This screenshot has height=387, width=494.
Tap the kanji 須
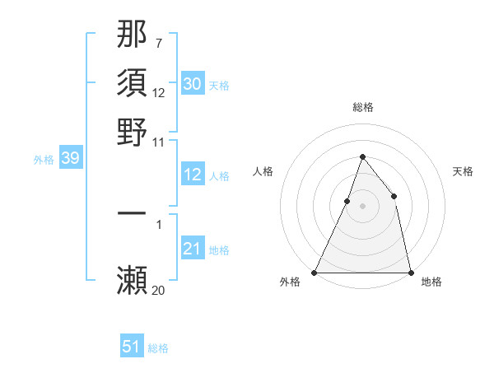pyautogui.click(x=133, y=84)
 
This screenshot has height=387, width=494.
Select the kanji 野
pyautogui.click(x=133, y=132)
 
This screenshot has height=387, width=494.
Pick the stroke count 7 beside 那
pyautogui.click(x=158, y=44)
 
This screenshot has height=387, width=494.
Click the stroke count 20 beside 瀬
pyautogui.click(x=158, y=290)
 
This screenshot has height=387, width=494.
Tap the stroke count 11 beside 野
pyautogui.click(x=158, y=141)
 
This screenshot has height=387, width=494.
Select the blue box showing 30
pyautogui.click(x=192, y=83)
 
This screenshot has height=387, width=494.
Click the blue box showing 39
pyautogui.click(x=70, y=159)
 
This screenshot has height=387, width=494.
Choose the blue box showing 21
pyautogui.click(x=192, y=249)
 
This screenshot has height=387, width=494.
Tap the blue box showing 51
pyautogui.click(x=131, y=347)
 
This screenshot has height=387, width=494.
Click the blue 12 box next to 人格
pyautogui.click(x=192, y=175)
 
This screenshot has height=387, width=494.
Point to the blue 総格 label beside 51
pyautogui.click(x=158, y=348)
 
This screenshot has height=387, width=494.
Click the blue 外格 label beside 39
pyautogui.click(x=43, y=160)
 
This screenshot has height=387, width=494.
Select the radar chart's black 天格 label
pyautogui.click(x=463, y=171)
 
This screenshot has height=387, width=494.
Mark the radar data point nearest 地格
pyautogui.click(x=410, y=272)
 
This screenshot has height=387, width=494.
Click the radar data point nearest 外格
pyautogui.click(x=315, y=272)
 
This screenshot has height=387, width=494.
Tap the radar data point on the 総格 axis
pyautogui.click(x=362, y=156)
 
